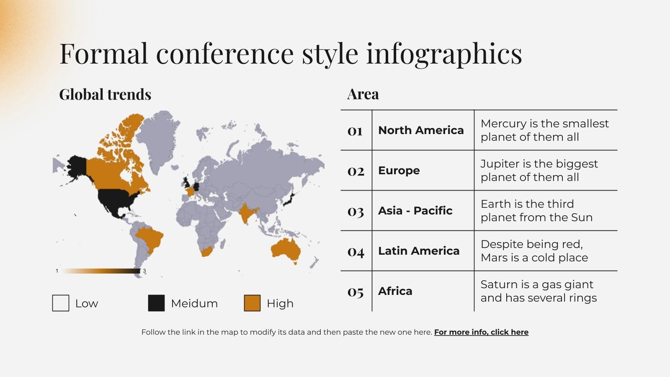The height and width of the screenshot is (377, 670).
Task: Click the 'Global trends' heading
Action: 105,95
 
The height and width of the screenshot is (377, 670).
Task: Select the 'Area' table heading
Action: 363,94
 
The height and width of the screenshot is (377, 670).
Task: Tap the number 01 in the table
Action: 355,131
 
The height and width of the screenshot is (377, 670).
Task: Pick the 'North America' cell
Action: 421,130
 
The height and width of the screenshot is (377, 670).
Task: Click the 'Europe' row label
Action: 399,170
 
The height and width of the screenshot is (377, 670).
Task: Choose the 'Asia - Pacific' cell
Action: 415,211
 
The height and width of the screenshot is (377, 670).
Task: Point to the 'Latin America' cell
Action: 419,251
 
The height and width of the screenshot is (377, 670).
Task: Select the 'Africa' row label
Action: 395,291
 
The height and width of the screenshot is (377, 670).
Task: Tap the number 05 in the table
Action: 355,292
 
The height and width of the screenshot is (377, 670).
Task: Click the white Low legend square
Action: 61,303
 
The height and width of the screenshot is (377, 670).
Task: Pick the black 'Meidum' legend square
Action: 156,303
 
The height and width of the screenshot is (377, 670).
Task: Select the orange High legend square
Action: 252,303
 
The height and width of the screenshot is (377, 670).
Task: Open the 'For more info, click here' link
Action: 481,332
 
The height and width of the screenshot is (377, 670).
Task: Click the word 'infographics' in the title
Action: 444,54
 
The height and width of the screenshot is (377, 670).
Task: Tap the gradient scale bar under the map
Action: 101,271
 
